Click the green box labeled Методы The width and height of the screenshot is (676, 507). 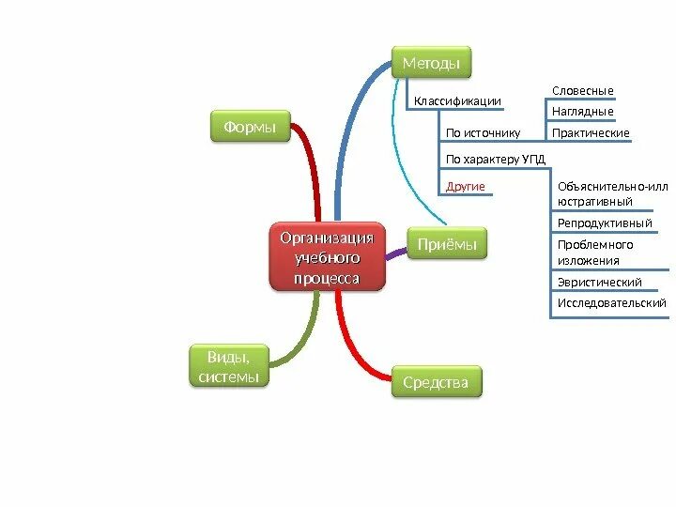[431, 63]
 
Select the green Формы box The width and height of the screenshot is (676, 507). [250, 127]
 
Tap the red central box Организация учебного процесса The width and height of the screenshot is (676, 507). [327, 255]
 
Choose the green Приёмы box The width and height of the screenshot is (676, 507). [447, 245]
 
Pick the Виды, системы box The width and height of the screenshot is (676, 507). [229, 366]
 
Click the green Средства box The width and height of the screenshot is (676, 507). [436, 382]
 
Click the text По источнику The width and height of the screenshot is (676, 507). [483, 133]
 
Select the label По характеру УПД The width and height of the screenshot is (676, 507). [496, 160]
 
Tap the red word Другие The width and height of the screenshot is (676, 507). [466, 187]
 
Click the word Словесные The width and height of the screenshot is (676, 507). [582, 90]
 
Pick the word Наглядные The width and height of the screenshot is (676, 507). [582, 112]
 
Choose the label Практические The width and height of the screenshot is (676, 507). [591, 133]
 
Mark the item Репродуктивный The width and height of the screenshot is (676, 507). [605, 223]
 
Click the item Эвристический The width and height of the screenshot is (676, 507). [600, 282]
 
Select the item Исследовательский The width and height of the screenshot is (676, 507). [611, 303]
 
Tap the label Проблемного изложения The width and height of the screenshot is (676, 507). [595, 253]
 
